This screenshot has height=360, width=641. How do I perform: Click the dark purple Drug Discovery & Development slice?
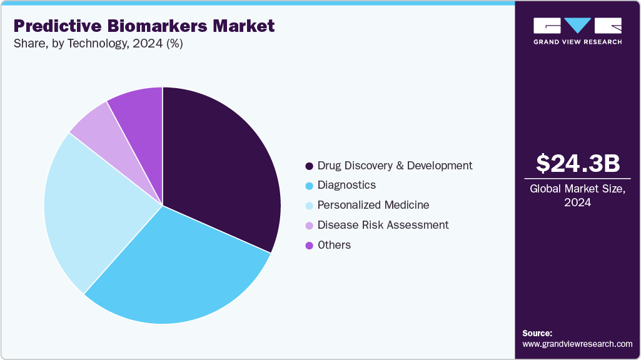pos(219,162)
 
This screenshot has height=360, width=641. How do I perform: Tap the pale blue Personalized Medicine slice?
pos(88,206)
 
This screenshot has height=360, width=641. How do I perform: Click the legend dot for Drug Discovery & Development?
pos(309,166)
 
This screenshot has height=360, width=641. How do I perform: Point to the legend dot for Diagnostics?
pos(309,186)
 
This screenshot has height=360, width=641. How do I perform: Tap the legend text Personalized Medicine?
pos(373,205)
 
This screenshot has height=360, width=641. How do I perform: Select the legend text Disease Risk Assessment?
pos(383,225)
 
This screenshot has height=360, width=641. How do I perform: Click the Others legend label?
pos(334,245)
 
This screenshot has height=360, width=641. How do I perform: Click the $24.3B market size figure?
pos(578,163)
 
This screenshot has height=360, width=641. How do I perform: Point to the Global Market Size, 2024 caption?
pos(578,196)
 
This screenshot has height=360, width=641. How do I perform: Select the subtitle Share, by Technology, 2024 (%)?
pos(98,44)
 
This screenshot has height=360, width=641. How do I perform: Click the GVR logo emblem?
pos(577,26)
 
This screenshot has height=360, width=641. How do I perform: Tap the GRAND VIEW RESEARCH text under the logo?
pos(577,42)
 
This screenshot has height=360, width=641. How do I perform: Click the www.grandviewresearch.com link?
pos(577,344)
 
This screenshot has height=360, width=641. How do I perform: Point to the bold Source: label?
pos(537,333)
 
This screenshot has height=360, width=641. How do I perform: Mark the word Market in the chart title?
pos(243,26)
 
